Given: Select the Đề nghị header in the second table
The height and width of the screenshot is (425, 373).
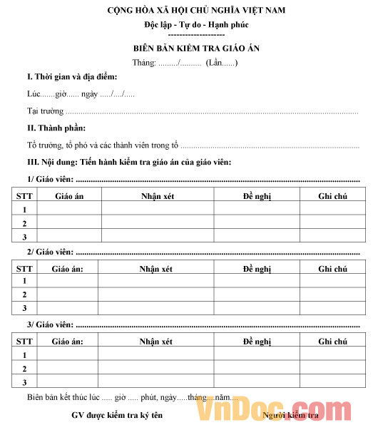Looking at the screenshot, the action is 257,268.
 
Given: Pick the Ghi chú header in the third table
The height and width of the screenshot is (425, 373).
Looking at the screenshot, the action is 332,342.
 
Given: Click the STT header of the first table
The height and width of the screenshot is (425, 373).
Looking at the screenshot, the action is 24,195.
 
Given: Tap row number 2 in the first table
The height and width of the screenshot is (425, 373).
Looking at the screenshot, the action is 24,223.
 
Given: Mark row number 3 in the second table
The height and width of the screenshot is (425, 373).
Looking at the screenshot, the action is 24,308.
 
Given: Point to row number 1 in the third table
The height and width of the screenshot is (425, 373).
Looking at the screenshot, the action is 24,355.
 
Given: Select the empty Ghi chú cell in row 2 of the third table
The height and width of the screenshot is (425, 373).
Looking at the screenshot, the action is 332,369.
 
